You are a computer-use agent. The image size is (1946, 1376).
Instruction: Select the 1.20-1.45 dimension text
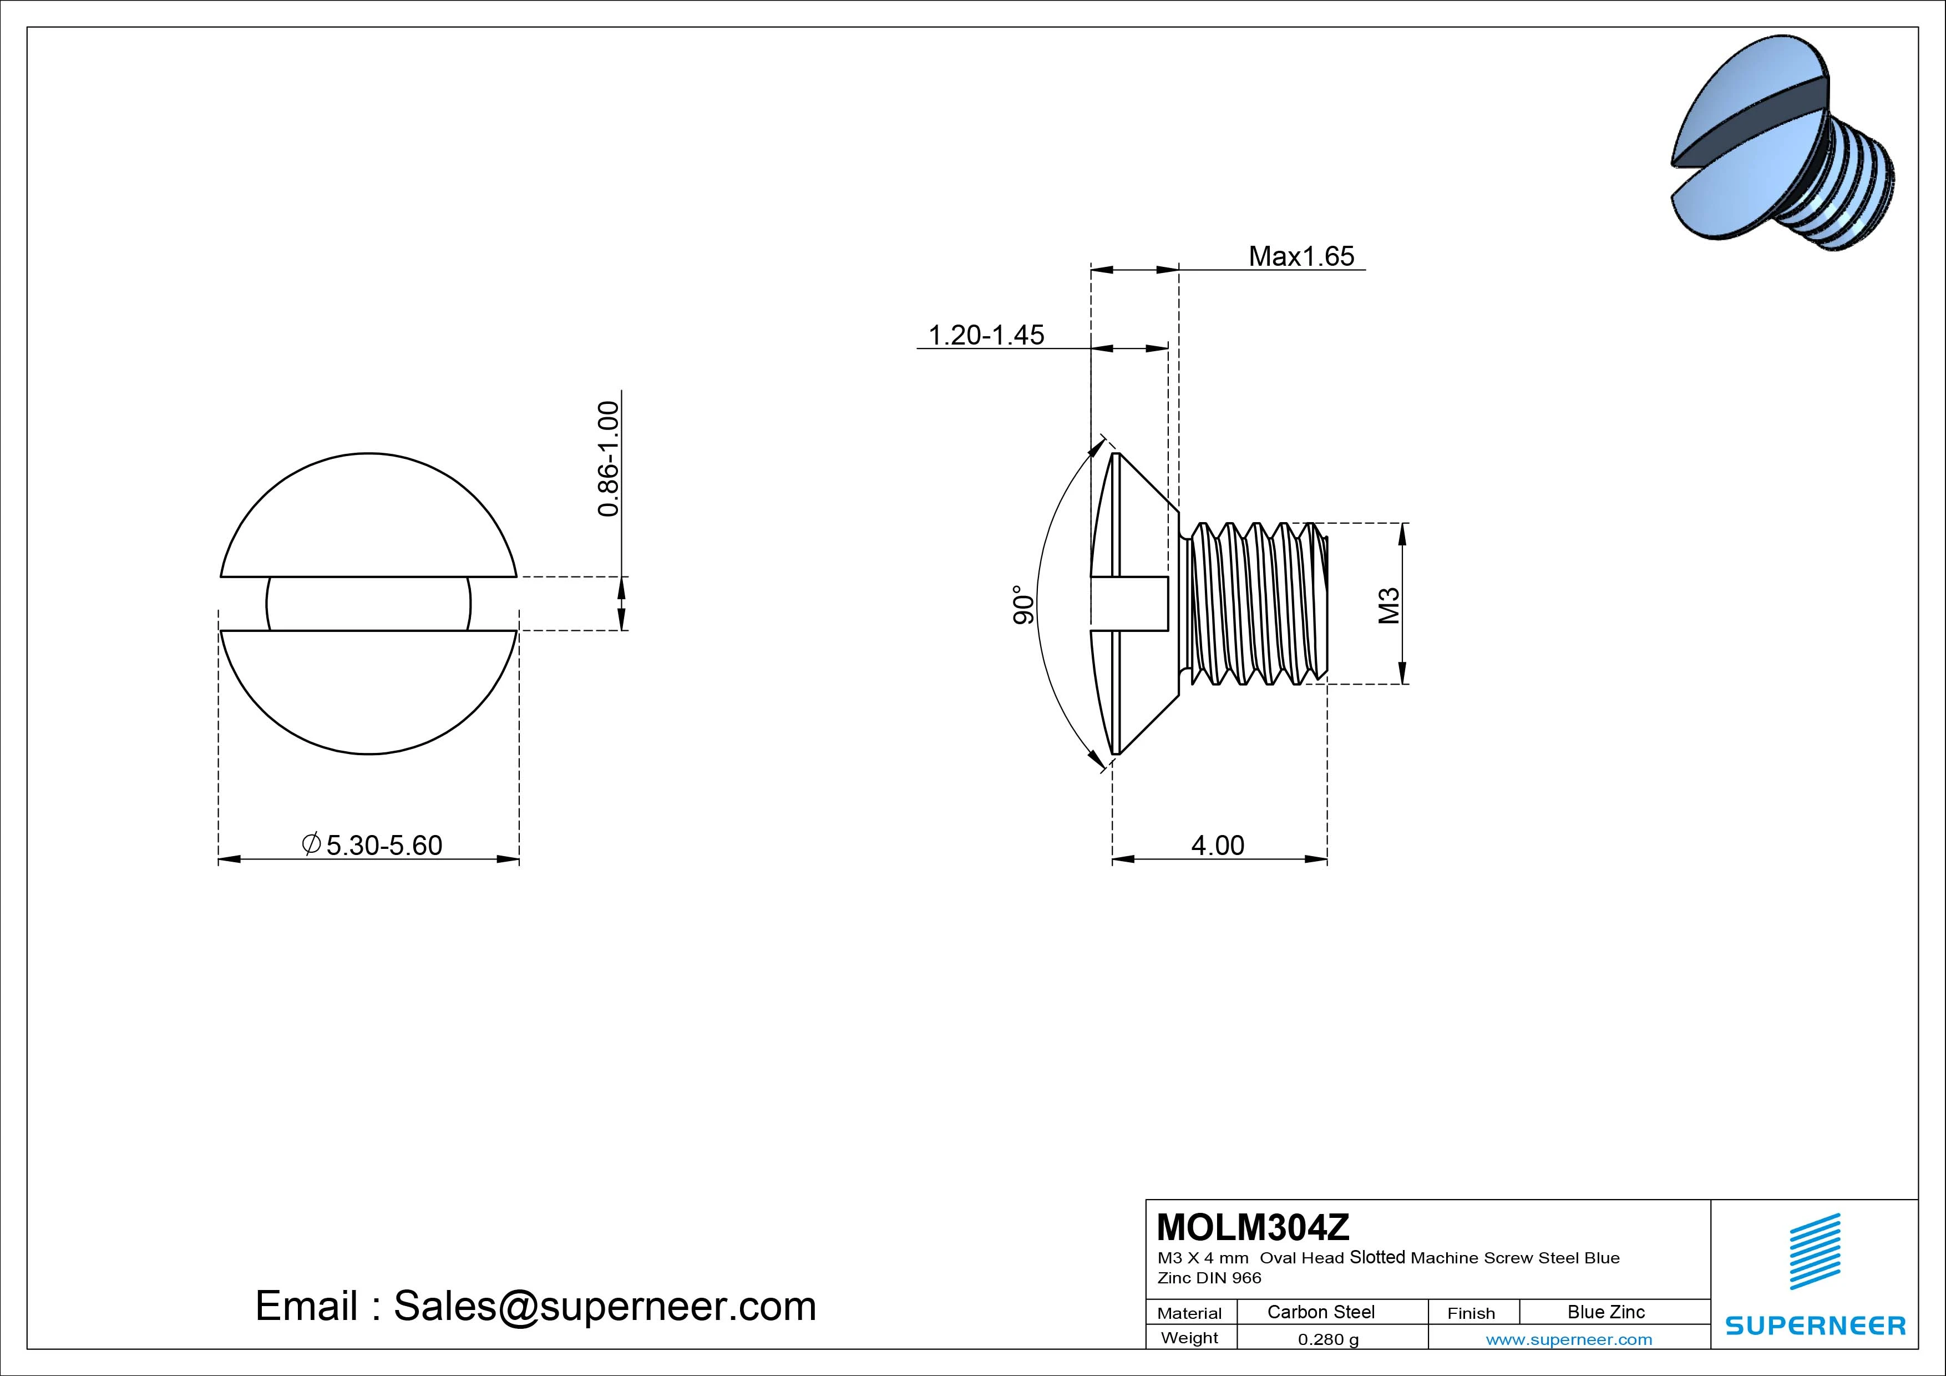tap(986, 335)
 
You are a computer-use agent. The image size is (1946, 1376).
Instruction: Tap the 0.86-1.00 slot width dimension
tap(609, 459)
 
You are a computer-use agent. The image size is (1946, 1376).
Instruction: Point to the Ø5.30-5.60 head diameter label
tap(372, 845)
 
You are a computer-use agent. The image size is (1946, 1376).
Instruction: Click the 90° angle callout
tap(1024, 604)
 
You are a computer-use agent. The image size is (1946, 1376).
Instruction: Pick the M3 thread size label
tap(1388, 605)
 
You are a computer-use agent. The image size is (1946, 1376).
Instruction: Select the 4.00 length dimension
tap(1218, 845)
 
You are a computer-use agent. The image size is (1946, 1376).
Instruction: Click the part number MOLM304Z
tap(1253, 1227)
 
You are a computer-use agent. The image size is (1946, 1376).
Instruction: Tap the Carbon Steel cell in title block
tap(1320, 1312)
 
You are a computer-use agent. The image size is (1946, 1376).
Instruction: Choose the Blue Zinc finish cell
tap(1605, 1312)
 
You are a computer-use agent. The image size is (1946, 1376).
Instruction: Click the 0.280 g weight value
tap(1328, 1339)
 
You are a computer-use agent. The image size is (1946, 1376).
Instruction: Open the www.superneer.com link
tap(1569, 1339)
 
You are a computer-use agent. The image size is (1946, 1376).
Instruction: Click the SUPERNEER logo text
tap(1816, 1325)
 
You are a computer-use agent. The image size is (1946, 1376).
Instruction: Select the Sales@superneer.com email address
tap(604, 1306)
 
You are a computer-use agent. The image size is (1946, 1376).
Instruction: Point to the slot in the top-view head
tap(369, 604)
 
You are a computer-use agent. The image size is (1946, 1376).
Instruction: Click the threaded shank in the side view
tap(1254, 604)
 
